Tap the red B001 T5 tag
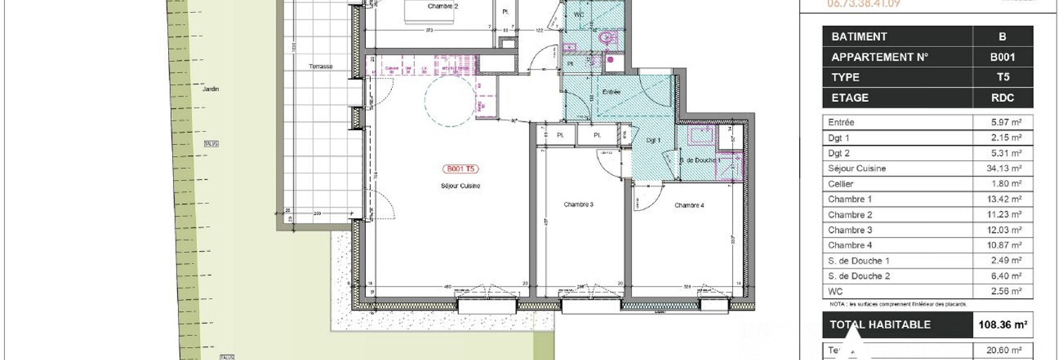(461, 169)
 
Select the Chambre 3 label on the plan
(579, 205)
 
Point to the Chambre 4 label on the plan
(689, 205)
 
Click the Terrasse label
(320, 66)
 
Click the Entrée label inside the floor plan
(611, 92)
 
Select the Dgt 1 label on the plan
(654, 141)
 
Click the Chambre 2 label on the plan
(442, 6)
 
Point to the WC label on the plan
(579, 14)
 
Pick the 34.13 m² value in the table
(1002, 169)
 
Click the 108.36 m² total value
(1002, 325)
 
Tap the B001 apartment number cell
(1002, 57)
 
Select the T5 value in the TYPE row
(1002, 77)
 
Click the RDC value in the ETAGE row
(1002, 98)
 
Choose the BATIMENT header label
(859, 37)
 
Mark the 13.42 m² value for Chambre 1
(1002, 199)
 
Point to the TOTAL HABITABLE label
(880, 325)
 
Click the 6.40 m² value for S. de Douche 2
(1002, 276)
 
